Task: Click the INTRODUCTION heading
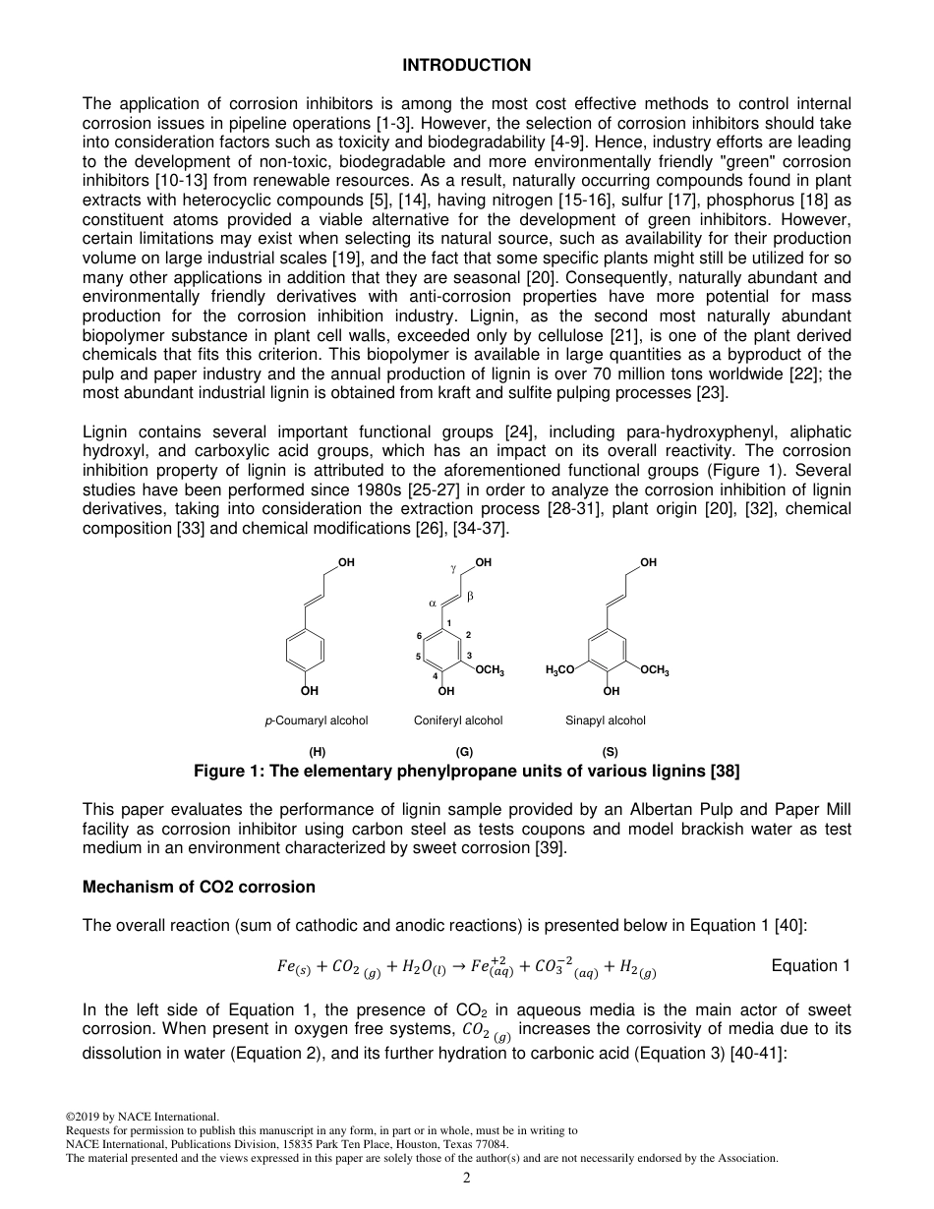[x=466, y=65]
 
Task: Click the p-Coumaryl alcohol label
[x=316, y=720]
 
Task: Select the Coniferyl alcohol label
[x=458, y=720]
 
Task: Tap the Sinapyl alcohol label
[x=605, y=720]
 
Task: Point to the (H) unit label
[x=318, y=752]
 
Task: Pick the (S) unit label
[x=611, y=752]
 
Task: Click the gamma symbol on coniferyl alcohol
[x=453, y=568]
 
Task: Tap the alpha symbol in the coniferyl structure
[x=432, y=603]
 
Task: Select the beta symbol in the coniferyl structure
[x=470, y=596]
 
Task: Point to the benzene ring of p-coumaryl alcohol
[x=309, y=651]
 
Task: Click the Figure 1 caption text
[x=466, y=772]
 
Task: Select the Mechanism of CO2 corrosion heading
[x=199, y=887]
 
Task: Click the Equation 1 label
[x=810, y=965]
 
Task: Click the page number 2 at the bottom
[x=467, y=1179]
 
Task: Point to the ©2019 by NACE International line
[x=142, y=1117]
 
